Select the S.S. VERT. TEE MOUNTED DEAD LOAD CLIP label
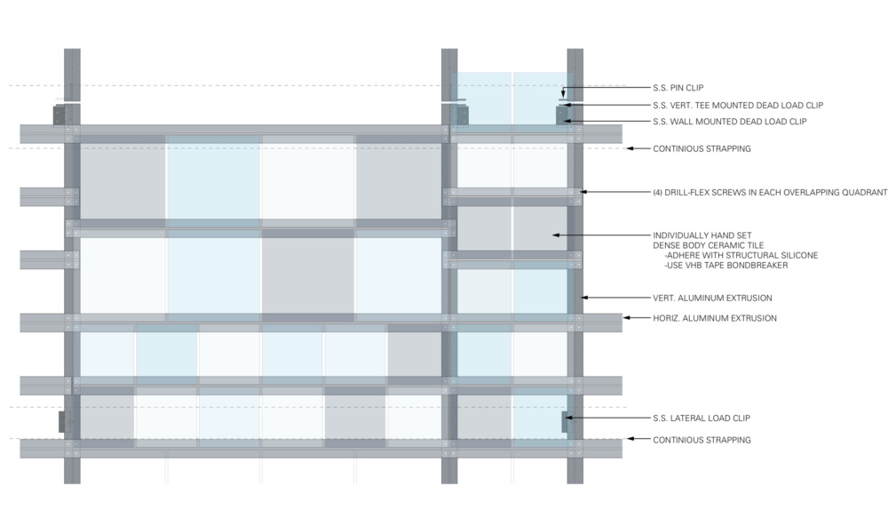pos(730,105)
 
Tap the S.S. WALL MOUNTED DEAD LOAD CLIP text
pos(729,121)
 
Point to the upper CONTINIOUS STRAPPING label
pos(702,148)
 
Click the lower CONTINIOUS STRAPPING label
pos(702,440)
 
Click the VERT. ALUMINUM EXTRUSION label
pos(712,298)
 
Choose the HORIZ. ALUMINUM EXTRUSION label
pos(714,318)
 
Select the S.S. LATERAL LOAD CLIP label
pos(708,418)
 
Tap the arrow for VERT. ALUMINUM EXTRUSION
pos(613,298)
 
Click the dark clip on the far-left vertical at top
pos(59,116)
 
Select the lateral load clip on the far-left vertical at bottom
pos(61,421)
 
